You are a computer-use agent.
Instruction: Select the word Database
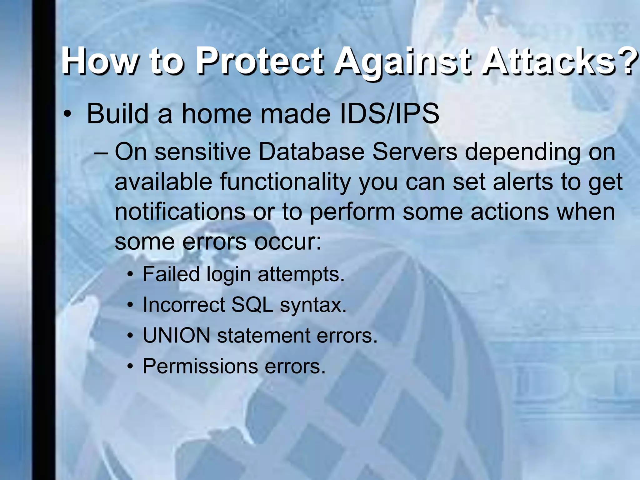[311, 152]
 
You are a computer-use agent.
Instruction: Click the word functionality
[285, 182]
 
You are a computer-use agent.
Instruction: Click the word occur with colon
[288, 242]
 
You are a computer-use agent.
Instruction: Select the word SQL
[252, 305]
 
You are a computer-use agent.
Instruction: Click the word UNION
[177, 336]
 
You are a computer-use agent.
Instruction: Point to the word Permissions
[200, 366]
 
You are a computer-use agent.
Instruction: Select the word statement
[264, 336]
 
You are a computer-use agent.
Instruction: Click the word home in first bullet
[216, 114]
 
